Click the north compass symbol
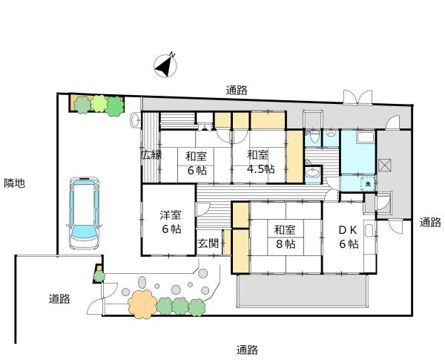click(x=165, y=65)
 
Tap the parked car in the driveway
click(x=85, y=213)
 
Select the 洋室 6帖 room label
click(x=171, y=222)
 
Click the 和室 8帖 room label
click(x=285, y=237)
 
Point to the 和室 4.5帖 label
click(x=260, y=163)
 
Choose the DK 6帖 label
click(x=349, y=237)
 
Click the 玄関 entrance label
click(x=208, y=243)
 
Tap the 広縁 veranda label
click(x=151, y=155)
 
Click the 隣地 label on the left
click(x=15, y=183)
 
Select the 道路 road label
click(x=59, y=299)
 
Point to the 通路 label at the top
click(x=237, y=90)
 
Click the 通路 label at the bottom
click(x=247, y=350)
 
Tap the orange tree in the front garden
click(x=142, y=304)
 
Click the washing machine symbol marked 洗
click(x=368, y=183)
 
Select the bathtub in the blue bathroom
click(x=366, y=137)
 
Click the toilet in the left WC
click(x=314, y=137)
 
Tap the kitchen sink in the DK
click(x=369, y=231)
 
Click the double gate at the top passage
click(x=357, y=97)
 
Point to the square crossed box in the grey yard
click(x=385, y=166)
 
